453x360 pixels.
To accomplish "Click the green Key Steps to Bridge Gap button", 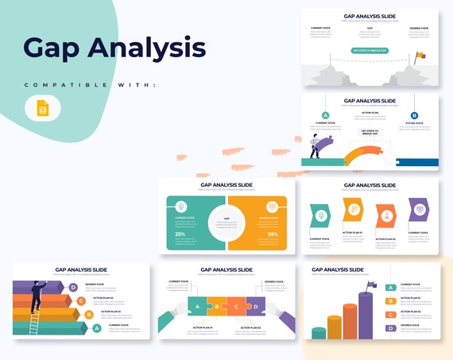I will [x=370, y=50].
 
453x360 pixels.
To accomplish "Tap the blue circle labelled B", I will [x=414, y=115].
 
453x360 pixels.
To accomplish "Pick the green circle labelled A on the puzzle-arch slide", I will [x=325, y=115].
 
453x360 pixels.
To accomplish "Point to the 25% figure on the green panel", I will [x=180, y=234].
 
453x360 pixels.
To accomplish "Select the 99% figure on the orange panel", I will [x=273, y=234].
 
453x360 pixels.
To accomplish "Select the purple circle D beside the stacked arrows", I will [x=73, y=288].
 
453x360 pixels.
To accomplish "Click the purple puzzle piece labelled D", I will [x=255, y=307].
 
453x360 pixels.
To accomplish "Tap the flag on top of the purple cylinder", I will [x=370, y=285].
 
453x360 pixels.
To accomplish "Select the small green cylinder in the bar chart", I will [x=319, y=331].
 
